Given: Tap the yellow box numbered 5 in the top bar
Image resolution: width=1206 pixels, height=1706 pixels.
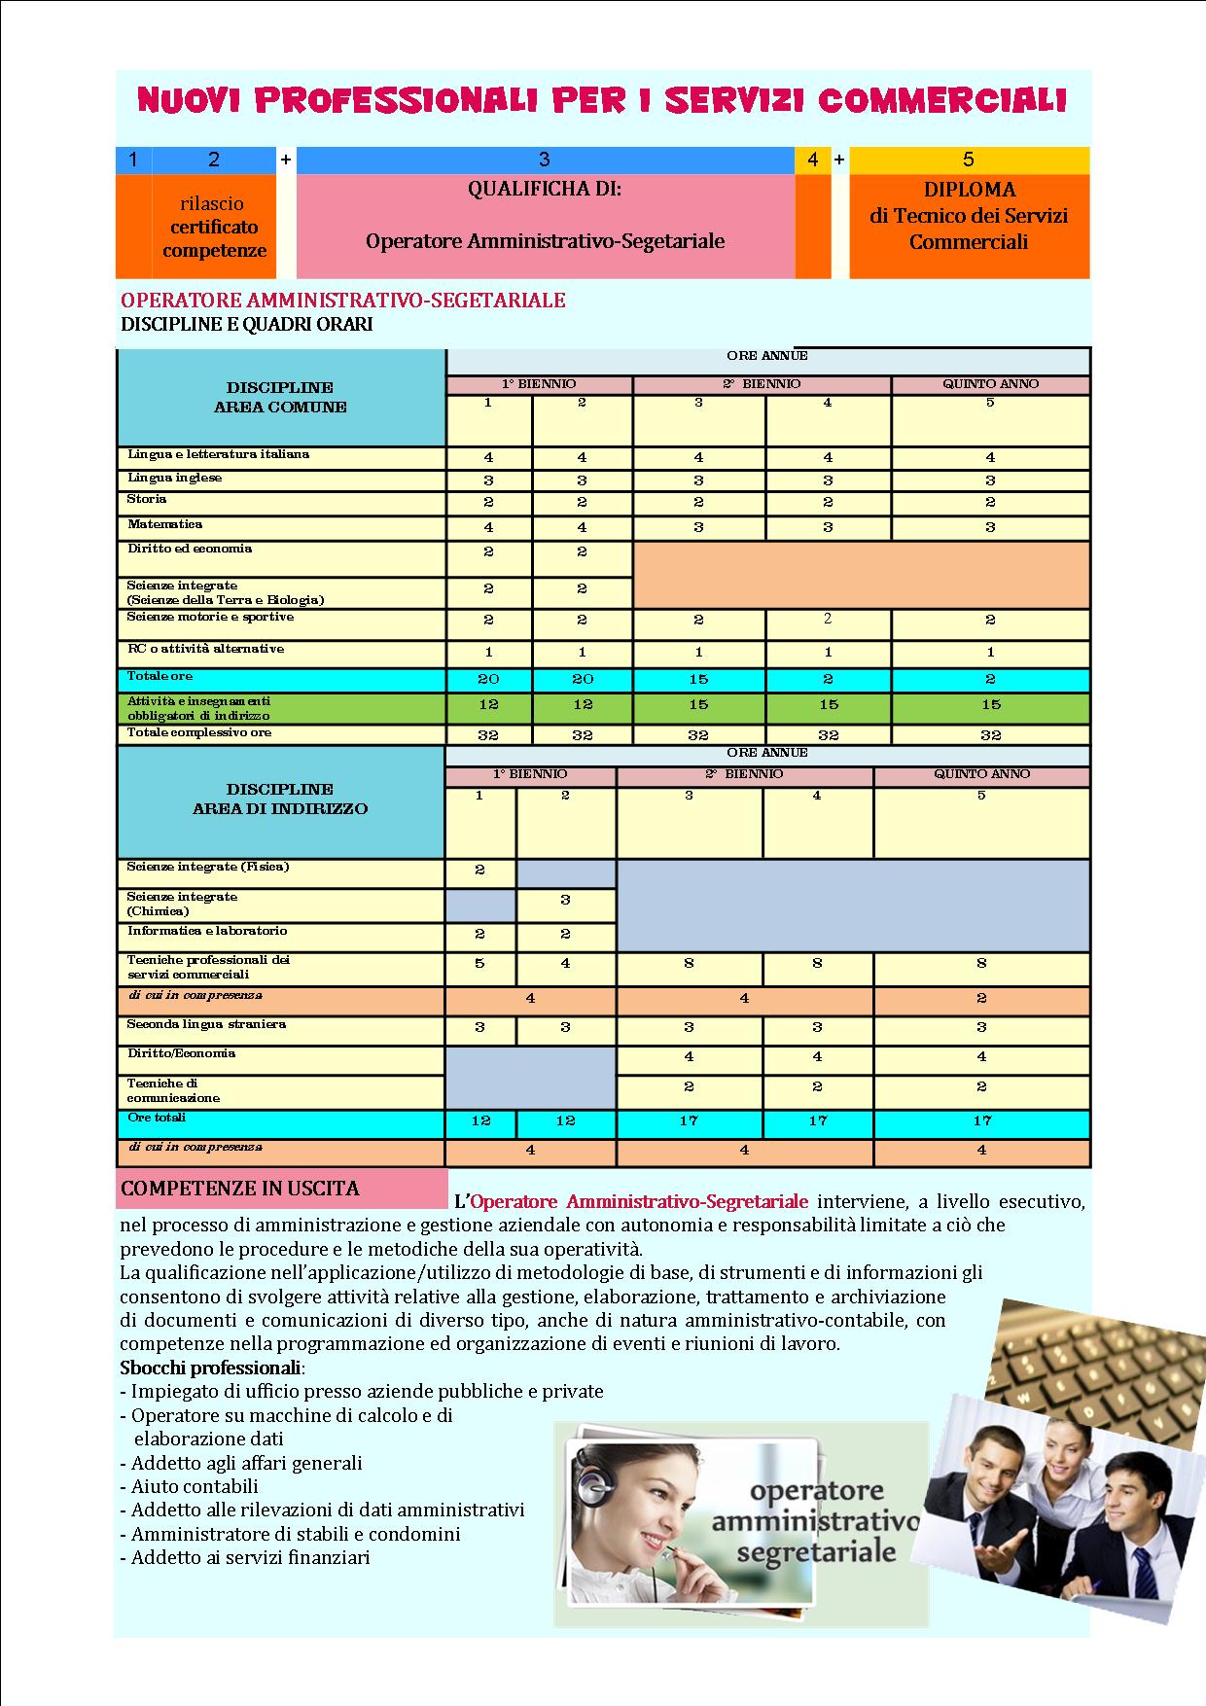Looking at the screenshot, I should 969,160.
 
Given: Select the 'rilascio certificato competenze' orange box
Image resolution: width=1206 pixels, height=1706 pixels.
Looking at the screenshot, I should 214,227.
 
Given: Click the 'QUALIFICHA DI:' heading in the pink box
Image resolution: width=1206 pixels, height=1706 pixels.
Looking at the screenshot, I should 545,189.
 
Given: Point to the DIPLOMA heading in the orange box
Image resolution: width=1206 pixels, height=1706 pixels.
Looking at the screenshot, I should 969,190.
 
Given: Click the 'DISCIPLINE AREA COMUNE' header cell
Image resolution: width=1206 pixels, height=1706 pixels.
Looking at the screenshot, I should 280,397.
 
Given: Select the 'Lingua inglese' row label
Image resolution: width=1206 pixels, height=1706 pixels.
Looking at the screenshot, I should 175,478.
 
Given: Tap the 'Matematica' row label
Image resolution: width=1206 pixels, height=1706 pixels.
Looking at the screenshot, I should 165,524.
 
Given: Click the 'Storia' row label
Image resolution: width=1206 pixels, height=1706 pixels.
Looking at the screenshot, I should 147,499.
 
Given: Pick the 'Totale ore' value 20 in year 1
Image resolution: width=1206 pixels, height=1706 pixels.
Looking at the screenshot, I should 488,679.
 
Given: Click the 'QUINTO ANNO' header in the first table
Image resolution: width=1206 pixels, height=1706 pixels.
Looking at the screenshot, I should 990,384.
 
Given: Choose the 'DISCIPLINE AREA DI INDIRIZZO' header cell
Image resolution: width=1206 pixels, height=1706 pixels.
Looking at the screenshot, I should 280,799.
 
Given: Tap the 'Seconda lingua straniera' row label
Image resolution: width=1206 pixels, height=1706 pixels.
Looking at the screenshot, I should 206,1024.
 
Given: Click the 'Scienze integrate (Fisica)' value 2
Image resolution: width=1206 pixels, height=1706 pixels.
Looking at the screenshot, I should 479,871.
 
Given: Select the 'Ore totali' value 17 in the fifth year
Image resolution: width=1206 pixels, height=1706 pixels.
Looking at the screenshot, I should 981,1121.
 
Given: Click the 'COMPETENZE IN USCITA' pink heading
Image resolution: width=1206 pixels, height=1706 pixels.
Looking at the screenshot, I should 240,1189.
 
